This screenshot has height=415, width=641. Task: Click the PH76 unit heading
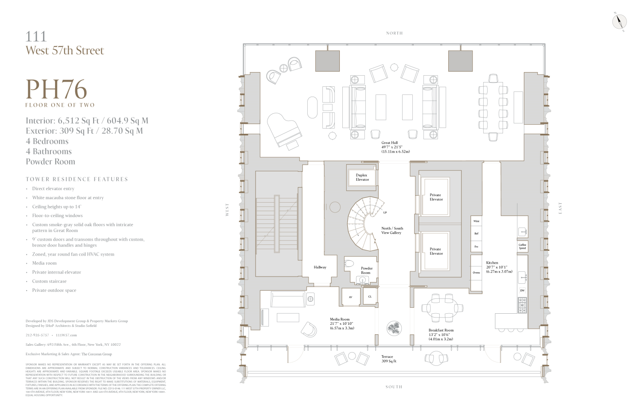coord(56,89)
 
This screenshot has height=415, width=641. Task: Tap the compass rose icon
coord(619,21)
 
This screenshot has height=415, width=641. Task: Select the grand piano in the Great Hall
coord(283,130)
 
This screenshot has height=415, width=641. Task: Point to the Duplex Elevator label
coord(362,177)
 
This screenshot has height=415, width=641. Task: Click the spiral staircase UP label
coord(385,212)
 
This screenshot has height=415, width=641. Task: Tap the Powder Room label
coord(366,271)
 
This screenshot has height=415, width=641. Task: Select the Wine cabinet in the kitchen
coord(476,221)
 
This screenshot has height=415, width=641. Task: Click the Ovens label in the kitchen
coord(476,273)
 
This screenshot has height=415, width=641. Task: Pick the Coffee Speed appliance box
coord(522,247)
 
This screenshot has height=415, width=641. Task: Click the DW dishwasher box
coord(522,291)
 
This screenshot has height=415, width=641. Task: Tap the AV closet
coord(350,297)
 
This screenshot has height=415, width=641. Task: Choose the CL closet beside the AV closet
coord(370,297)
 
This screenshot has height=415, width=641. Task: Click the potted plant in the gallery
coord(394,328)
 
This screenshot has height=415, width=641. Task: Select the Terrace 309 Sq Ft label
coord(388,359)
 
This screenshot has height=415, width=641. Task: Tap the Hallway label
coord(320,268)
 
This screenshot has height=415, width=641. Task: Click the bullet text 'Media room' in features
coord(44,263)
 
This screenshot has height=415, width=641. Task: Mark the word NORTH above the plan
coord(394,33)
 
